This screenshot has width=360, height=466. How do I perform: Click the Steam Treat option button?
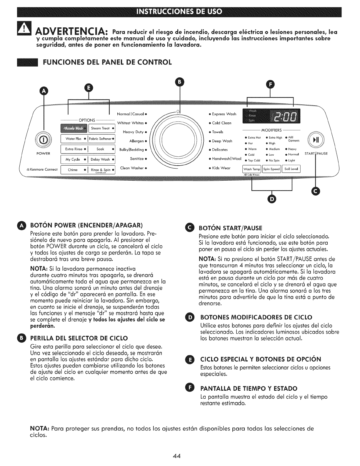click(x=101, y=129)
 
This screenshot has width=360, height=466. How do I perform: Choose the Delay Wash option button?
click(x=101, y=159)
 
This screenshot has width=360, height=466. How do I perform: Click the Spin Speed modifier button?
click(x=271, y=169)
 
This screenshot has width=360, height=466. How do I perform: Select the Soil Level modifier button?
click(x=291, y=169)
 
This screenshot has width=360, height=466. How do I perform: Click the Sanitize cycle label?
click(x=136, y=159)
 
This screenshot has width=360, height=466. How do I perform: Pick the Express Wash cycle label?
click(x=224, y=114)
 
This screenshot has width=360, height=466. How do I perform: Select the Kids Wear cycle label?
click(x=221, y=168)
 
